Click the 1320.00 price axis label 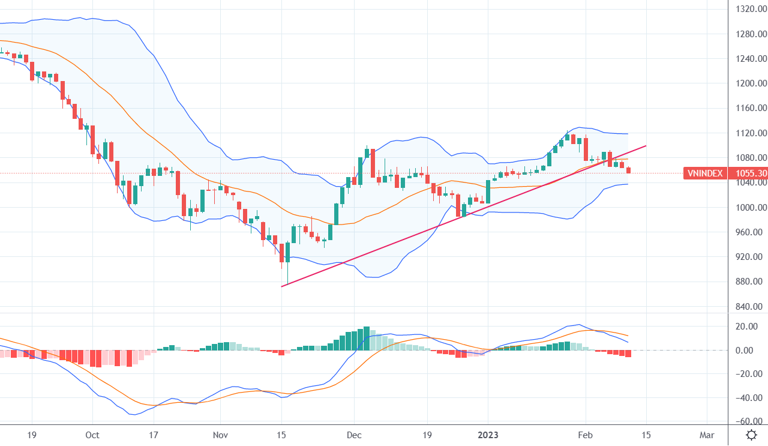pyautogui.click(x=750, y=9)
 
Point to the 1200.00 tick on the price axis pyautogui.click(x=750, y=83)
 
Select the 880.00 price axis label pyautogui.click(x=750, y=282)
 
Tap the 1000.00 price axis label pyautogui.click(x=750, y=208)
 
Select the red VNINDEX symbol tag pyautogui.click(x=706, y=173)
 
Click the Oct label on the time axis pyautogui.click(x=92, y=434)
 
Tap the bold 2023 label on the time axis pyautogui.click(x=488, y=434)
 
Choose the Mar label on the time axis pyautogui.click(x=707, y=434)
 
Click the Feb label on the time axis pyautogui.click(x=585, y=434)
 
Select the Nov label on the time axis pyautogui.click(x=220, y=434)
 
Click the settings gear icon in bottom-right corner pyautogui.click(x=751, y=435)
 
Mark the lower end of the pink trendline pyautogui.click(x=281, y=286)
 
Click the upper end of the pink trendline pyautogui.click(x=646, y=145)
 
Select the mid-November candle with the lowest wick pyautogui.click(x=287, y=264)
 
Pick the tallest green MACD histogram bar pyautogui.click(x=366, y=339)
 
